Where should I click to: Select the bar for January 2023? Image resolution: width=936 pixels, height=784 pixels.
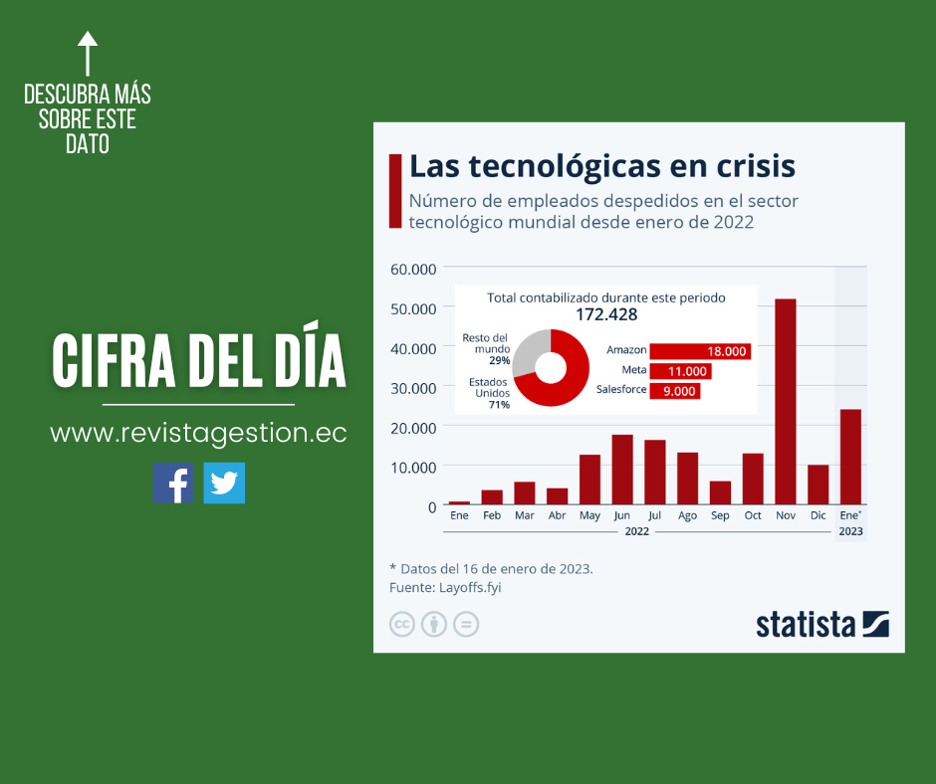(x=850, y=457)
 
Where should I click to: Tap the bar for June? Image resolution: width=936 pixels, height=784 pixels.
(x=622, y=470)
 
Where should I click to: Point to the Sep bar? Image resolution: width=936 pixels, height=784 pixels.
(x=720, y=492)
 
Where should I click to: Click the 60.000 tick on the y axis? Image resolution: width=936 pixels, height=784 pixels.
(x=412, y=269)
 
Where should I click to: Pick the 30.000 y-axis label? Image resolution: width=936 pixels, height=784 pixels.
(x=412, y=387)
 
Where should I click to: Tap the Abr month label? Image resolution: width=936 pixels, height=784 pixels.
(x=557, y=516)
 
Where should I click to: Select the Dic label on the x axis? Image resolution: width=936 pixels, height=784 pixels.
(x=818, y=516)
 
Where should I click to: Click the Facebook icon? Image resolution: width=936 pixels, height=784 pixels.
(x=173, y=484)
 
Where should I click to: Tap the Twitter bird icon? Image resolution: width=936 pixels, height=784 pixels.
(x=224, y=484)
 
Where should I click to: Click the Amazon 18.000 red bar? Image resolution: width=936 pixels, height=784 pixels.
(x=699, y=351)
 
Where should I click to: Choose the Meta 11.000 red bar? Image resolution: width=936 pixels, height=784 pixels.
(x=680, y=371)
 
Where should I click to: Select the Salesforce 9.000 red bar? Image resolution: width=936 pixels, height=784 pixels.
(x=675, y=391)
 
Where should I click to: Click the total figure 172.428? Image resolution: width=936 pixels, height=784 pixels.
(x=606, y=315)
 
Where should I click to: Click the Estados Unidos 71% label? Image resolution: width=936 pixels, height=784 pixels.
(x=489, y=393)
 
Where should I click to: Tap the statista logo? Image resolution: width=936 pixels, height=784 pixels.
(x=821, y=625)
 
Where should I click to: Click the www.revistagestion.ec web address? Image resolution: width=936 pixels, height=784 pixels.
(x=198, y=434)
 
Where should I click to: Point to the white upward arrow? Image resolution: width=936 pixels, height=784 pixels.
(x=88, y=55)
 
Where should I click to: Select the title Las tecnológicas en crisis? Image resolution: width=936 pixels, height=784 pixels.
(x=602, y=166)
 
